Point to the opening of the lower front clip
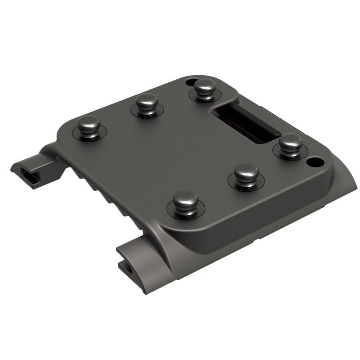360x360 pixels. tap(127, 269)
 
